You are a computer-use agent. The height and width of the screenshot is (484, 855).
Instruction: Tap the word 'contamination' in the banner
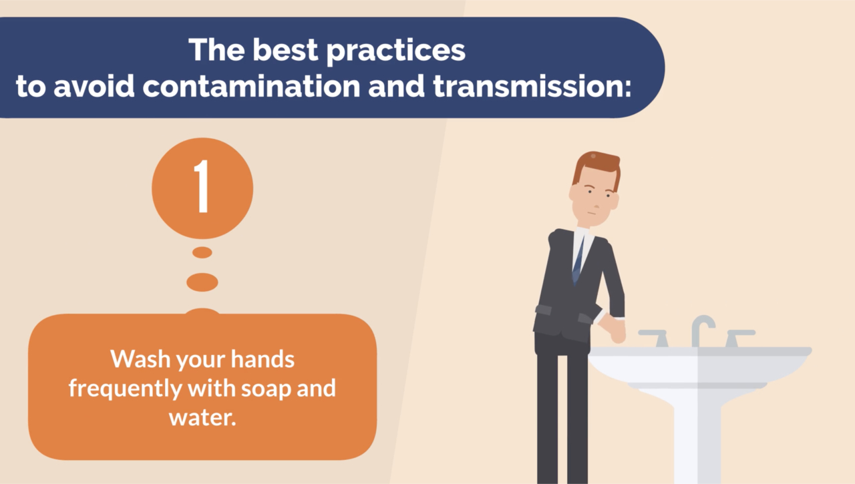tap(251, 86)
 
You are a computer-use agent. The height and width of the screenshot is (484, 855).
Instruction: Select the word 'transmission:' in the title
tap(532, 86)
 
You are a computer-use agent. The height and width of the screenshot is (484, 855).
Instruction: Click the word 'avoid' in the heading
tap(94, 86)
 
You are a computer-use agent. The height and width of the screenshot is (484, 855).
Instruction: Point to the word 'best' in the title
tap(285, 49)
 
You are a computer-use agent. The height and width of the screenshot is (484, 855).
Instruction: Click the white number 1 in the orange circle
tap(202, 186)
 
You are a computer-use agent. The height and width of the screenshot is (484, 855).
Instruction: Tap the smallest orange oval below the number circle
tap(202, 252)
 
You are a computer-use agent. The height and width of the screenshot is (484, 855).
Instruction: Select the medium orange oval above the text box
tap(202, 282)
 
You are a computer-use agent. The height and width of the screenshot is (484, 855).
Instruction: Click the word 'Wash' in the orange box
tap(140, 359)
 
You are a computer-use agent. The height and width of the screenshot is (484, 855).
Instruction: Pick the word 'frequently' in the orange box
tap(125, 389)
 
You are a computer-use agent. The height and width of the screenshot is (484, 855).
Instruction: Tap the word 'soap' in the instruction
tap(267, 389)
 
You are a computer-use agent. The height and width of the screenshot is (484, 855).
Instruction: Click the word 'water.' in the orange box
tap(202, 417)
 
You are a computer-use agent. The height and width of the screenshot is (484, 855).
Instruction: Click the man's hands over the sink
tap(613, 327)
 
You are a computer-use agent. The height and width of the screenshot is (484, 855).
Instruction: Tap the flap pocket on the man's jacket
tap(543, 309)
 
